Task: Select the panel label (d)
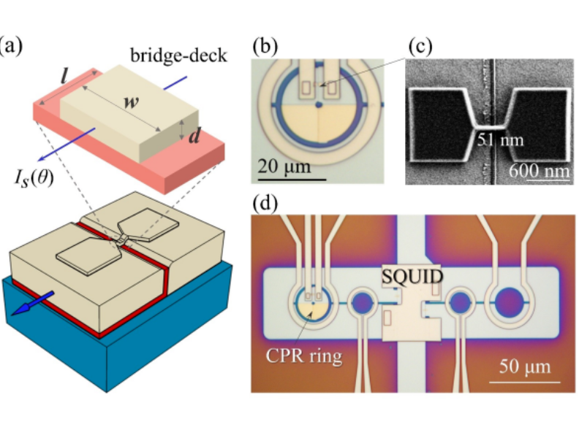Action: pyautogui.click(x=264, y=201)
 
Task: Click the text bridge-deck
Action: pyautogui.click(x=165, y=56)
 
